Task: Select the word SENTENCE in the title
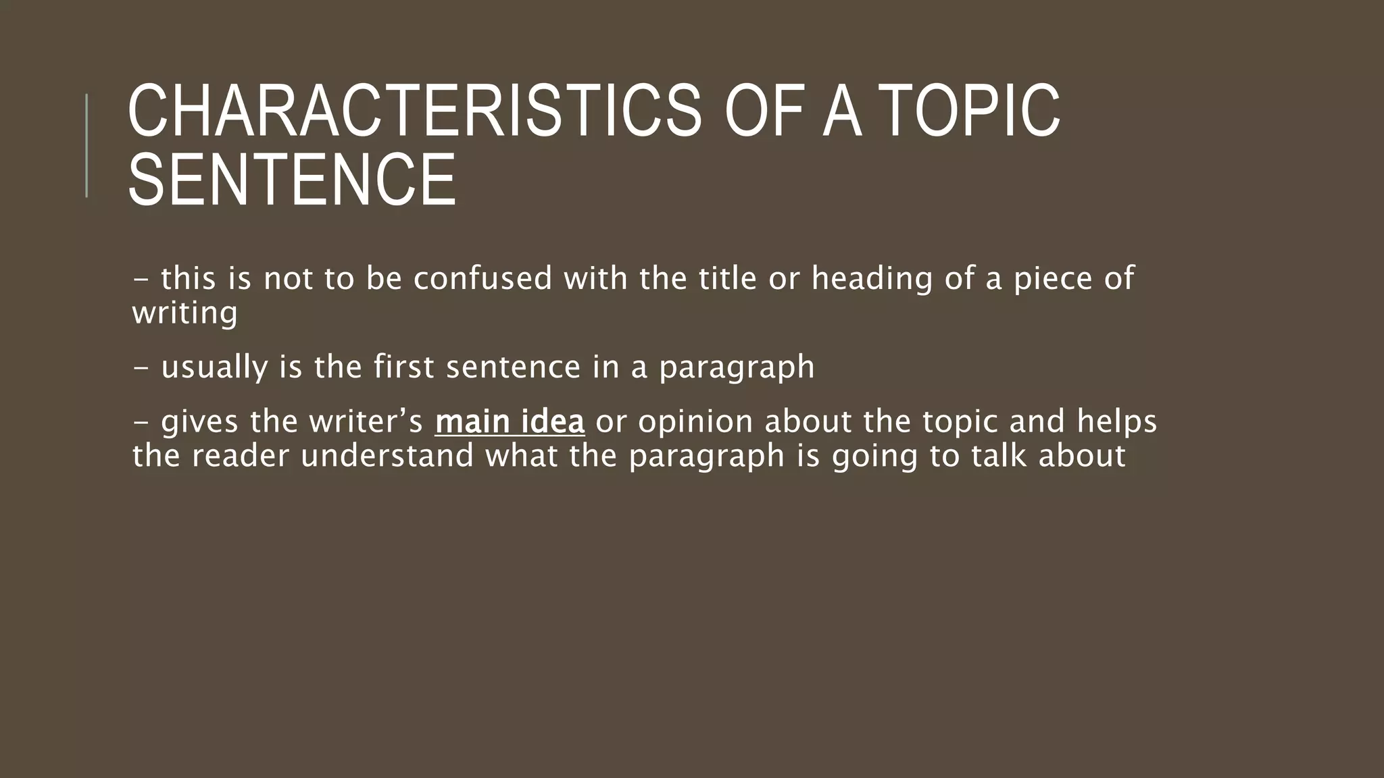pos(292,180)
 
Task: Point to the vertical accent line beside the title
pos(86,146)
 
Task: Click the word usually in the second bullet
pos(214,368)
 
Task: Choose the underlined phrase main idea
pos(510,421)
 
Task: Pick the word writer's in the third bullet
pos(366,421)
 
